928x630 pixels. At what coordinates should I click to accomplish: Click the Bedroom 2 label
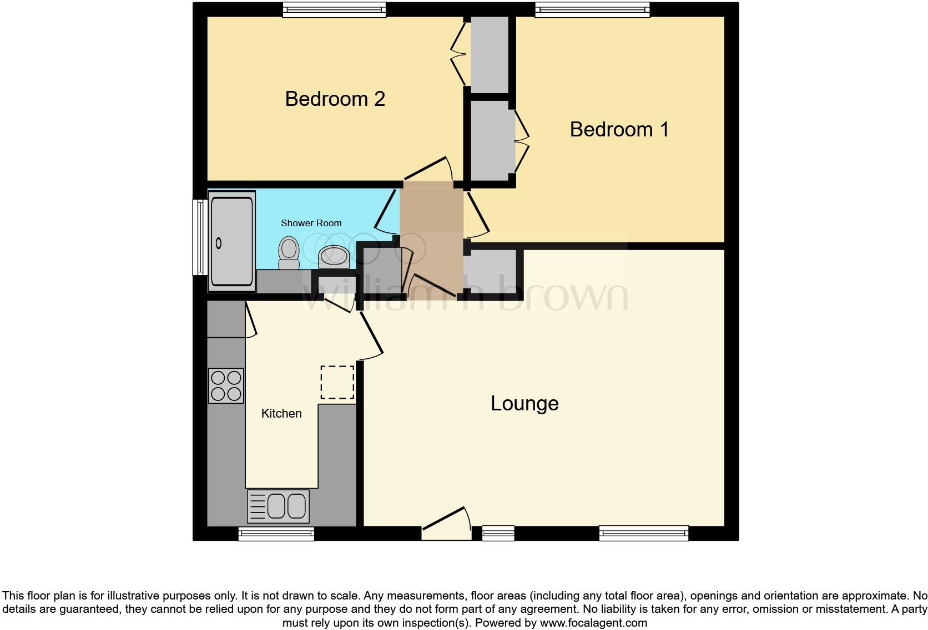pyautogui.click(x=335, y=99)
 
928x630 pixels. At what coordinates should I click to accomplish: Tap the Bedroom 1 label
pyautogui.click(x=619, y=129)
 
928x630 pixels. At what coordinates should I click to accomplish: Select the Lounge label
pyautogui.click(x=524, y=403)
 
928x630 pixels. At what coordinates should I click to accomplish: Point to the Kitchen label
pyautogui.click(x=281, y=413)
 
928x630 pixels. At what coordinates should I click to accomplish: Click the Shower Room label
pyautogui.click(x=311, y=223)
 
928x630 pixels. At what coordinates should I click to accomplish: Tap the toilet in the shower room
pyautogui.click(x=289, y=253)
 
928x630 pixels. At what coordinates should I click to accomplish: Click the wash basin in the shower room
pyautogui.click(x=334, y=256)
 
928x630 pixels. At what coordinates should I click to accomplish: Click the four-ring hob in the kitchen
pyautogui.click(x=226, y=385)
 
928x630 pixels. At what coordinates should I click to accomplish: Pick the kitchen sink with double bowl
pyautogui.click(x=278, y=506)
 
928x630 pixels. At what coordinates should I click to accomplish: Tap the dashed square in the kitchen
pyautogui.click(x=337, y=382)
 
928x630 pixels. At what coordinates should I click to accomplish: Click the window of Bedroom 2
pyautogui.click(x=334, y=9)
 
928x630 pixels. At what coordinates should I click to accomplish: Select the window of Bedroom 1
pyautogui.click(x=592, y=9)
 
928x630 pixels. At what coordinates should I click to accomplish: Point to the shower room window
pyautogui.click(x=199, y=237)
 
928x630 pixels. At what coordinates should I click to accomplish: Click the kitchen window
pyautogui.click(x=276, y=534)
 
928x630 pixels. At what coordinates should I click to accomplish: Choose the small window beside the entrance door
pyautogui.click(x=498, y=534)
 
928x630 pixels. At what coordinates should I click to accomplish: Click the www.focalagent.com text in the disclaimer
pyautogui.click(x=593, y=623)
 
